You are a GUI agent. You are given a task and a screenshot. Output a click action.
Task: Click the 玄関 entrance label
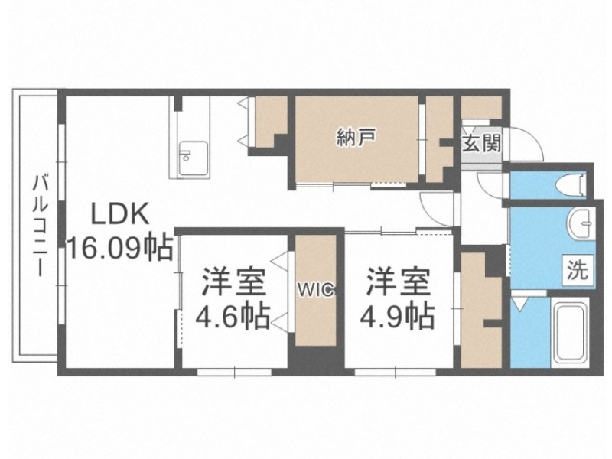pos(481,143)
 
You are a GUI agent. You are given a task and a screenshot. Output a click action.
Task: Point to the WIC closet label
pos(314,290)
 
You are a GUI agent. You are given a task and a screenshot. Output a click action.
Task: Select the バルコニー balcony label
pos(37,226)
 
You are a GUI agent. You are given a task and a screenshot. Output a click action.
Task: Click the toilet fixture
pos(570,184)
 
